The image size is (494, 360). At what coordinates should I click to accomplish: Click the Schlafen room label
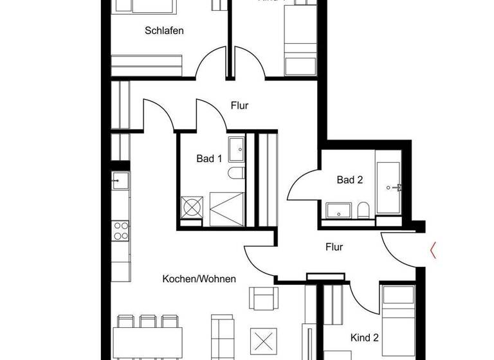165,30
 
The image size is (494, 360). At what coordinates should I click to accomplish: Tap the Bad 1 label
209,159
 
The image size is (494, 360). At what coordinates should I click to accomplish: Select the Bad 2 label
350,180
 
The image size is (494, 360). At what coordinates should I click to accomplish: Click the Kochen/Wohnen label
199,279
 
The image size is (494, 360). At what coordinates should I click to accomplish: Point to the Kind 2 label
364,337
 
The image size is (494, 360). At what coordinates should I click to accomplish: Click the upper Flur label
239,105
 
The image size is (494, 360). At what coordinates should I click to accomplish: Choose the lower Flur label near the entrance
334,247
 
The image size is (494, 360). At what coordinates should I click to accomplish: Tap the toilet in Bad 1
235,172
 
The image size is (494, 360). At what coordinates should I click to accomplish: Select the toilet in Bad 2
363,210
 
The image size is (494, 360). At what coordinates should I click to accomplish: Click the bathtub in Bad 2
388,186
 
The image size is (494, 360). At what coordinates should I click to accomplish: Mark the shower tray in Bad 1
226,210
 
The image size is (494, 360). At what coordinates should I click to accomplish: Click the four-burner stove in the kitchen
120,230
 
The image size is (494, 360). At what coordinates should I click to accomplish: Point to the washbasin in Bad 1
236,148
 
